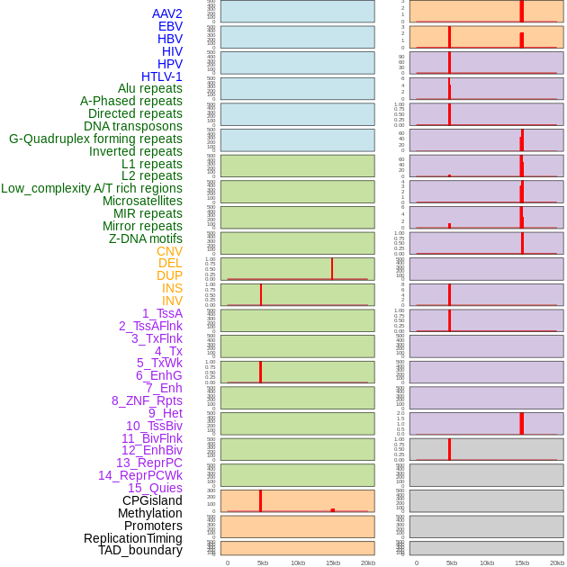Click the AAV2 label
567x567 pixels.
coord(166,13)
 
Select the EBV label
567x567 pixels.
coord(170,26)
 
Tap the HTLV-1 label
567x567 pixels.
coord(161,76)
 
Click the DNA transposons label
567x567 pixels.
coord(132,126)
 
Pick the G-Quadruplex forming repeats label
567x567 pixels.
coord(95,139)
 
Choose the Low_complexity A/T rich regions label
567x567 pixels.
coord(92,188)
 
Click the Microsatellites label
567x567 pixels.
coord(142,201)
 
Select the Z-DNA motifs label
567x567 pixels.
coord(145,238)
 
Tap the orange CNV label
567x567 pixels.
coord(169,251)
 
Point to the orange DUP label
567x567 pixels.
coord(169,275)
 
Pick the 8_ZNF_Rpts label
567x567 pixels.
coord(147,400)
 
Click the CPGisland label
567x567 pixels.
coord(152,500)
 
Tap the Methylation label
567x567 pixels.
coord(149,513)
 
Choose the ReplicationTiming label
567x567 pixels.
coord(133,538)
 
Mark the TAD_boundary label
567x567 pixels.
coord(140,550)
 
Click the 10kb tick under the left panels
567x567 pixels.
coord(298,562)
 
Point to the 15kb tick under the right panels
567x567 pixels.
coord(522,562)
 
